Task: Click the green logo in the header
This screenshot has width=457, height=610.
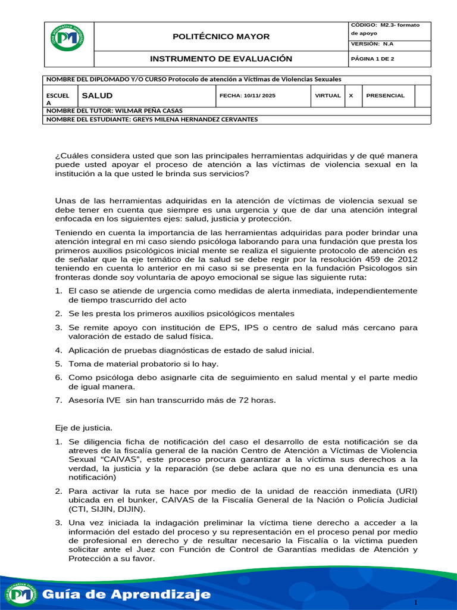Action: (67, 38)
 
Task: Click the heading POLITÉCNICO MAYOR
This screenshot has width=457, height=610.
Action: (221, 37)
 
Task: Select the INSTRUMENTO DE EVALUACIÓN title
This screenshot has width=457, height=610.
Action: (221, 59)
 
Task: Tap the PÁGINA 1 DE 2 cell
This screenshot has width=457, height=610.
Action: (373, 60)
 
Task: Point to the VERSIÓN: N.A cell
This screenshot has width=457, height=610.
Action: (372, 44)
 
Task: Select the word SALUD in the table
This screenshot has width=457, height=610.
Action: (97, 95)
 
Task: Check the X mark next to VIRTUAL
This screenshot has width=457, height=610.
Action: (350, 95)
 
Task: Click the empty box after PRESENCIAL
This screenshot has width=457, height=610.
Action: (422, 95)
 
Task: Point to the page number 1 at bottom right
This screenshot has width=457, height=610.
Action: (416, 603)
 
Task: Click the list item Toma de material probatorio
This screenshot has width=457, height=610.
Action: (143, 363)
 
